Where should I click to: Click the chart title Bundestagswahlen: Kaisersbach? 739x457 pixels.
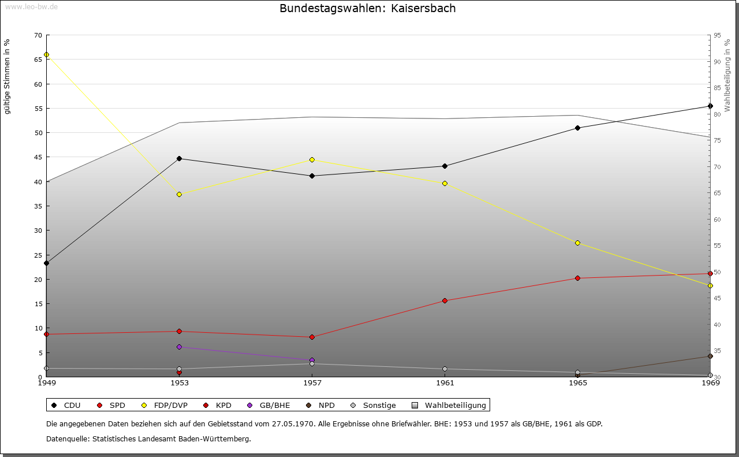367,9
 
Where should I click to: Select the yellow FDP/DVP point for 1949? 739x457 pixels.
46,55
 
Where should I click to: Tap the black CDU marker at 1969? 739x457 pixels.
710,106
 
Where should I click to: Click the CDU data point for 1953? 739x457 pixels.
179,158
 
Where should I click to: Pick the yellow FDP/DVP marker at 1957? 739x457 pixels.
312,159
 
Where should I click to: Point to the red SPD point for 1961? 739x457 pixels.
445,300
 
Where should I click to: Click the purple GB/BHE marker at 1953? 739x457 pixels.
179,347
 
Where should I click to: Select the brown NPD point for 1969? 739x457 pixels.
710,356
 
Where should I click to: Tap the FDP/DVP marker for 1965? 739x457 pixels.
577,243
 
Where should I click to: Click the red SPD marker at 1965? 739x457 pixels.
577,278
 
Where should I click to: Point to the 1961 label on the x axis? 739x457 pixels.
445,383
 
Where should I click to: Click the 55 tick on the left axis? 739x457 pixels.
38,109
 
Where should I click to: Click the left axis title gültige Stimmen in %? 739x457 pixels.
8,76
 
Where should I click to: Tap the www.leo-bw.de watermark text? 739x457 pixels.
30,7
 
